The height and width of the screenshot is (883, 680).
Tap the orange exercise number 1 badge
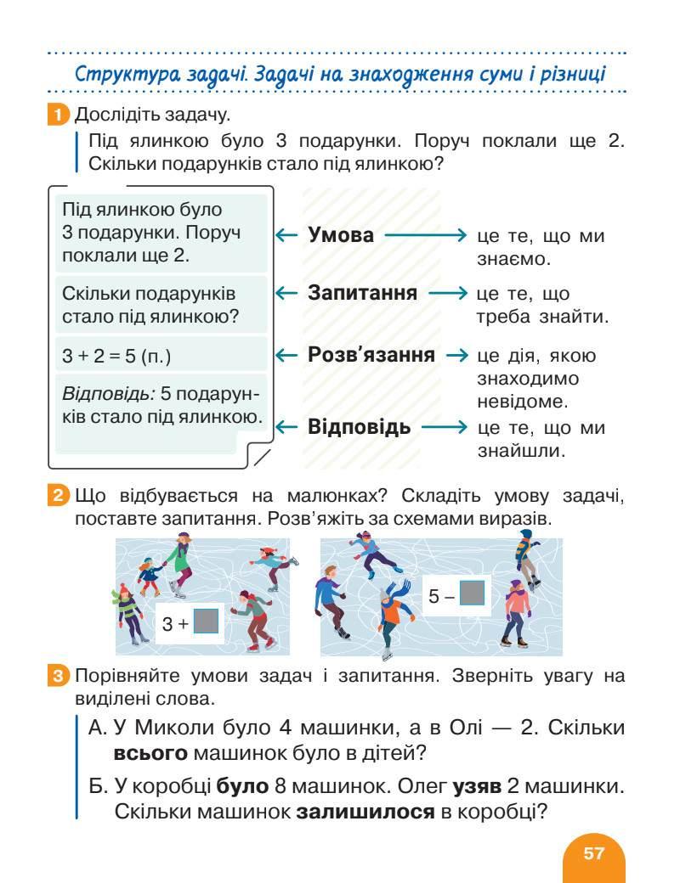[x=57, y=114]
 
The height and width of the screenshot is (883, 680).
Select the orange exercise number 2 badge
[x=57, y=496]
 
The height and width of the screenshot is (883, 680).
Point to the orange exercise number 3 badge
[x=57, y=677]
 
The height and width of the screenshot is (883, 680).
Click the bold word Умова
[x=340, y=235]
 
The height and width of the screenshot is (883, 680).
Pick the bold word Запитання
[x=362, y=293]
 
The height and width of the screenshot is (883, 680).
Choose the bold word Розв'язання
[x=371, y=354]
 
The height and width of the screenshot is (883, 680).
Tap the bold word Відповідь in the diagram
[x=359, y=426]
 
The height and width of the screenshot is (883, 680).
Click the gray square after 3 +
[x=207, y=622]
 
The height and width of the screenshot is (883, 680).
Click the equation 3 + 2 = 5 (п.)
[x=116, y=357]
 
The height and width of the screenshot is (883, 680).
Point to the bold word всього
[x=150, y=752]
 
